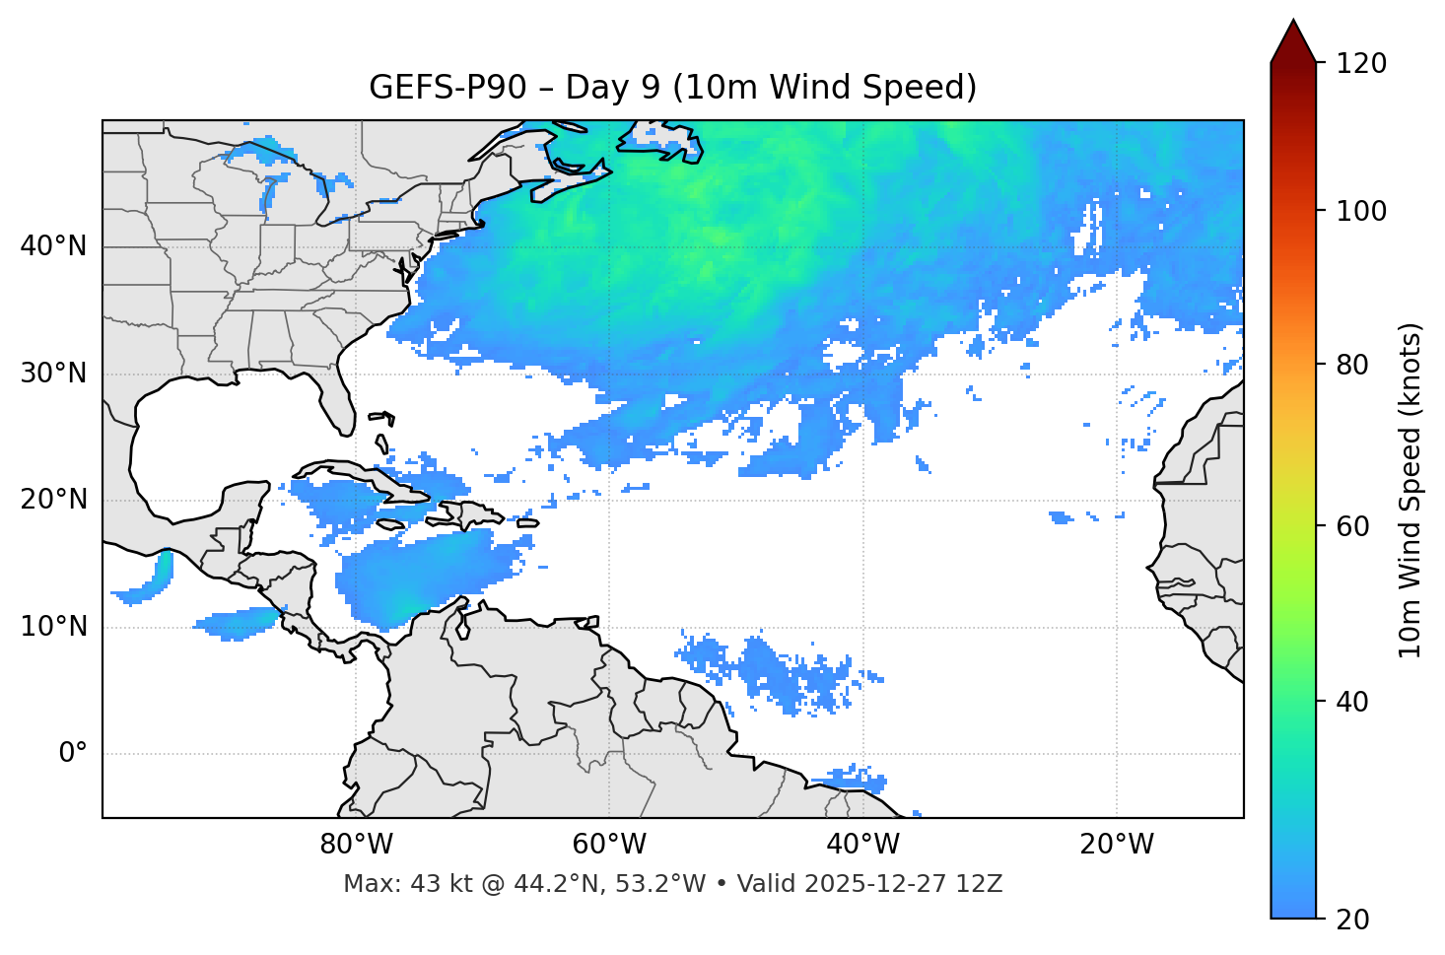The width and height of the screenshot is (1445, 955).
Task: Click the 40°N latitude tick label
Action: [x=53, y=246]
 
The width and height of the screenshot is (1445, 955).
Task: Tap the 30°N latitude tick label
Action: [x=53, y=374]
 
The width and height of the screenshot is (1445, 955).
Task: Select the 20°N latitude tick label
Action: [x=53, y=500]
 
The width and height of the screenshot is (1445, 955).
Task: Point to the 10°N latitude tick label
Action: [x=53, y=627]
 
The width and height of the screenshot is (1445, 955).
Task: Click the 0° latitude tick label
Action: [x=72, y=754]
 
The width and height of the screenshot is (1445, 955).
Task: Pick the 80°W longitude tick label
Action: [x=356, y=845]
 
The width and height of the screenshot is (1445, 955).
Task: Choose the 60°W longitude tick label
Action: [x=609, y=845]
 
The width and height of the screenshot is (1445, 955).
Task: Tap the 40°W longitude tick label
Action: [x=862, y=845]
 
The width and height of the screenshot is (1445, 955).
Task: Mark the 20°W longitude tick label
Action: [x=1117, y=845]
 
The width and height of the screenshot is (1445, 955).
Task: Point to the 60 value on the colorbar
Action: [x=1352, y=526]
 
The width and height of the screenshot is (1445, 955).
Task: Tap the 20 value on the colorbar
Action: [x=1352, y=920]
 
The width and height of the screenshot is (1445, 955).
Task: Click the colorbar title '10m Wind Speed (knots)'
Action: [x=1411, y=490]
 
